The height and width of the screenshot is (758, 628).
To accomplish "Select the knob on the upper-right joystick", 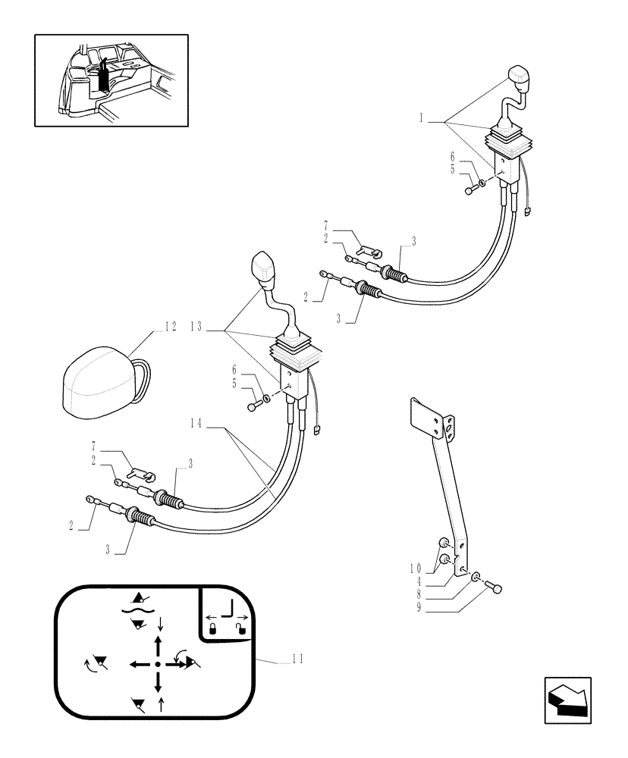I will pos(520,78).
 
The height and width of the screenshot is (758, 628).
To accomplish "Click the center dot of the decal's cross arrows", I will pos(157,664).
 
